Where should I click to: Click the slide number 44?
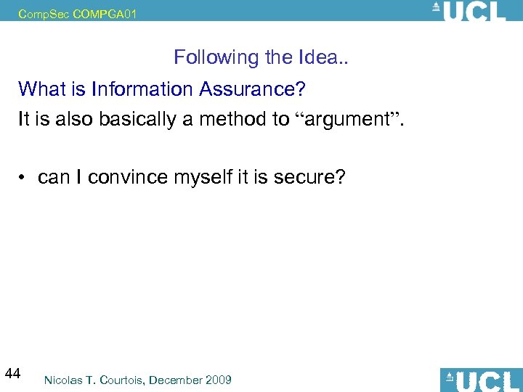click(x=12, y=374)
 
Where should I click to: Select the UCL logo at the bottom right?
click(x=480, y=380)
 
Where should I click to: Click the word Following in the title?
click(x=206, y=57)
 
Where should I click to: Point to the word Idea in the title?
click(x=318, y=57)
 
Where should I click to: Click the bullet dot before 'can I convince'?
click(x=25, y=177)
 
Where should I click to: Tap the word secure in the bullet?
click(x=308, y=177)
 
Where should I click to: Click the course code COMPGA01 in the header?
click(x=105, y=13)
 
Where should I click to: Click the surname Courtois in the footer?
click(x=128, y=380)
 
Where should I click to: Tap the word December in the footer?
click(x=177, y=380)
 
